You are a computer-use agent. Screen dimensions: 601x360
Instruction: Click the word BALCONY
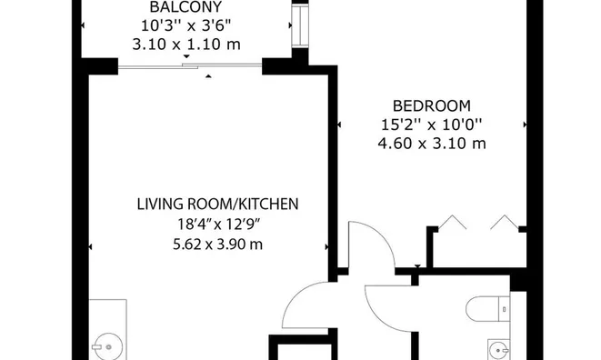click(x=185, y=7)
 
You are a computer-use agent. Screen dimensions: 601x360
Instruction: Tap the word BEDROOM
click(x=432, y=105)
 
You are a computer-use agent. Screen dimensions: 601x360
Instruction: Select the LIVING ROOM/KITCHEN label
click(x=217, y=204)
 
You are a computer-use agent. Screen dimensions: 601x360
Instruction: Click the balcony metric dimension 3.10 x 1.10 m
click(x=186, y=45)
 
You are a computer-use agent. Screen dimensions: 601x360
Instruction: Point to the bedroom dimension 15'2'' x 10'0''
click(x=432, y=125)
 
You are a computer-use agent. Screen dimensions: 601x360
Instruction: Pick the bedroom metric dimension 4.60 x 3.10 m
click(x=432, y=144)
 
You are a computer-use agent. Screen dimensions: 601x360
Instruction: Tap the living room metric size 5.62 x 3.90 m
click(x=217, y=245)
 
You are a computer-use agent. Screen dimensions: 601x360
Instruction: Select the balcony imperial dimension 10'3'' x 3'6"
click(x=186, y=26)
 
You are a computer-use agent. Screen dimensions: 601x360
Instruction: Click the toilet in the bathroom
click(x=487, y=308)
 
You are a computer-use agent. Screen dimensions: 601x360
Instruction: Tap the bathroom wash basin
click(x=498, y=350)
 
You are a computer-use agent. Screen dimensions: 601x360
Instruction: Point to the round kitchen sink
click(x=108, y=347)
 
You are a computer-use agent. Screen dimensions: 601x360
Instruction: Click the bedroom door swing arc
click(x=384, y=233)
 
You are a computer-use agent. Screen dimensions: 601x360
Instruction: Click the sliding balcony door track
click(x=190, y=66)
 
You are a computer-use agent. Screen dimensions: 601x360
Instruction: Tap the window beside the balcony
click(x=300, y=26)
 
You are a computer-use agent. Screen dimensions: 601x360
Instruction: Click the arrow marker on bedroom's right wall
click(x=525, y=125)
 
